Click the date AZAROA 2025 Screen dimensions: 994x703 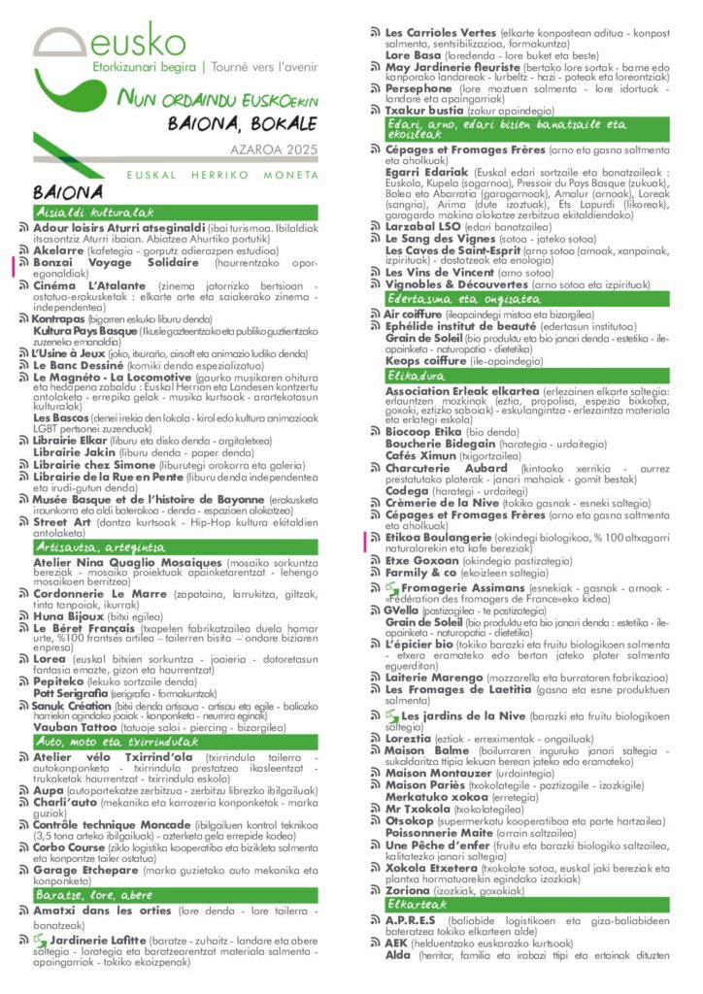pyautogui.click(x=275, y=150)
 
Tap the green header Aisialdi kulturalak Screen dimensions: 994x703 pyautogui.click(x=82, y=211)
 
